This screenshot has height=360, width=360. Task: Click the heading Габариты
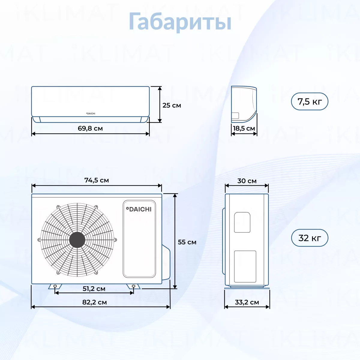pyautogui.click(x=180, y=22)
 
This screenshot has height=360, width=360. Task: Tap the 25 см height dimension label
pyautogui.click(x=172, y=105)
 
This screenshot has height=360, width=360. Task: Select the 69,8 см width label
pyautogui.click(x=90, y=128)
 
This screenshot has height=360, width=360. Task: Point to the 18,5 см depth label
pyautogui.click(x=244, y=128)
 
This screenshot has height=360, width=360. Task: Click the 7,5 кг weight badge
pyautogui.click(x=310, y=101)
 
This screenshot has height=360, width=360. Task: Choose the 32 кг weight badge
pyautogui.click(x=310, y=238)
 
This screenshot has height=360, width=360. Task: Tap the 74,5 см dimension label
pyautogui.click(x=97, y=180)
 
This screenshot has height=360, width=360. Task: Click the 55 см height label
pyautogui.click(x=187, y=242)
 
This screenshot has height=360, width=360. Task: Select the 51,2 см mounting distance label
pyautogui.click(x=94, y=289)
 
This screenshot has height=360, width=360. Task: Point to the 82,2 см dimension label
pyautogui.click(x=94, y=302)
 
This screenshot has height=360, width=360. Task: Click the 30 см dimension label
pyautogui.click(x=247, y=181)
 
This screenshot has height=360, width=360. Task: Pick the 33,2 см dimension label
pyautogui.click(x=247, y=302)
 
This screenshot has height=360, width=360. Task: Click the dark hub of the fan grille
pyautogui.click(x=77, y=240)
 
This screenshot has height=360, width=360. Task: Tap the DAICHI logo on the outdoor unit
pyautogui.click(x=139, y=209)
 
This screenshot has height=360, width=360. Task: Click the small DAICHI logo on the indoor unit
pyautogui.click(x=91, y=113)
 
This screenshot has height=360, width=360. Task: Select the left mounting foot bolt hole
pyautogui.click(x=55, y=286)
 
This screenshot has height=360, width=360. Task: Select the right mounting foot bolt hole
pyautogui.click(x=133, y=286)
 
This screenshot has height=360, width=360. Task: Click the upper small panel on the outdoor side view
pyautogui.click(x=242, y=222)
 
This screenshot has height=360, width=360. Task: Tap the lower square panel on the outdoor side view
pyautogui.click(x=245, y=266)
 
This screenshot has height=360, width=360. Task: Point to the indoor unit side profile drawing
pyautogui.click(x=244, y=104)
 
